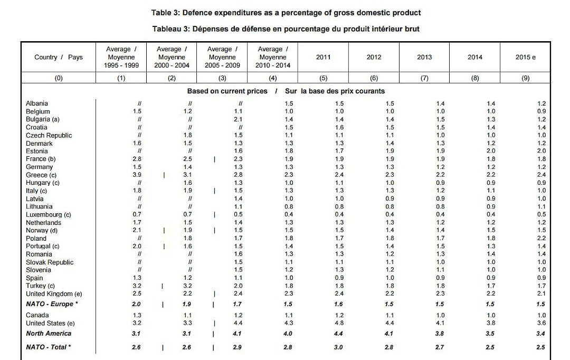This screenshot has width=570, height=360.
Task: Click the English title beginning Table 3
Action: [286, 12]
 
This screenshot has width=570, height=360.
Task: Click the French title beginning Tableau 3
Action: [286, 29]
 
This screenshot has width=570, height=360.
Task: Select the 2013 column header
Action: [424, 57]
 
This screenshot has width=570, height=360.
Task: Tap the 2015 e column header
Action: [525, 57]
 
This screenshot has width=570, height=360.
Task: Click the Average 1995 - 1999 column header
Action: [121, 57]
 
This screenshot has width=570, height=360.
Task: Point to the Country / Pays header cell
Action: [59, 57]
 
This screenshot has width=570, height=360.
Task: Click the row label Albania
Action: [37, 103]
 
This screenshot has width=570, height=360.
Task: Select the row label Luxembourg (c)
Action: [48, 215]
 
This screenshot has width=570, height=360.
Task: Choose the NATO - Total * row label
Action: [49, 347]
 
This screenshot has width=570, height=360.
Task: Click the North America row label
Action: [49, 334]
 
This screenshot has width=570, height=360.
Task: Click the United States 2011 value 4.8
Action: [339, 323]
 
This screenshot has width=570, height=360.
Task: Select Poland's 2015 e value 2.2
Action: [541, 239]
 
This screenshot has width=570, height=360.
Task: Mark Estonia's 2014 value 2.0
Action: [491, 151]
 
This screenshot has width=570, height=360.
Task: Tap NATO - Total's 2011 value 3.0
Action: [339, 347]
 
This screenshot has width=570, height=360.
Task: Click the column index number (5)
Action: [324, 78]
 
